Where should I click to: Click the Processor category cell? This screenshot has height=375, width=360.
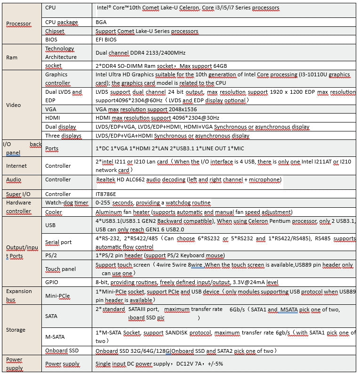[x=18, y=24]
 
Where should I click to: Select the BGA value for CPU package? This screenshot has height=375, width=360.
[x=101, y=22]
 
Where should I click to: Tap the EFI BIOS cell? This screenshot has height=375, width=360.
[x=106, y=40]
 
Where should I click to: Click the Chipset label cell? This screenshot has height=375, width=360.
[x=55, y=31]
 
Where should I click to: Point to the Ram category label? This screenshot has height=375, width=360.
[x=12, y=57]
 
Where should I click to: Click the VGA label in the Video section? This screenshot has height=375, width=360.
[x=51, y=109]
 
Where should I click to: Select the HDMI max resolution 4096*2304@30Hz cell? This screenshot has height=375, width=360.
[x=157, y=118]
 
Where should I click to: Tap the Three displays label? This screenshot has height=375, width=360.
[x=63, y=136]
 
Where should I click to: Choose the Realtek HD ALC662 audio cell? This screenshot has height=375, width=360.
[x=189, y=179]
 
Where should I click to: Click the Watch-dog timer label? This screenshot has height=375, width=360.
[x=66, y=203]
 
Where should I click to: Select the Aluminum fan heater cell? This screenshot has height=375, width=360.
[x=193, y=212]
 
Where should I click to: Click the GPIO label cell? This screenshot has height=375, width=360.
[x=52, y=282]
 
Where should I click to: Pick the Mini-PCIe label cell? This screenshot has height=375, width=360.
[x=57, y=295]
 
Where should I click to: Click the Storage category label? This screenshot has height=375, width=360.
[x=16, y=330]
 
